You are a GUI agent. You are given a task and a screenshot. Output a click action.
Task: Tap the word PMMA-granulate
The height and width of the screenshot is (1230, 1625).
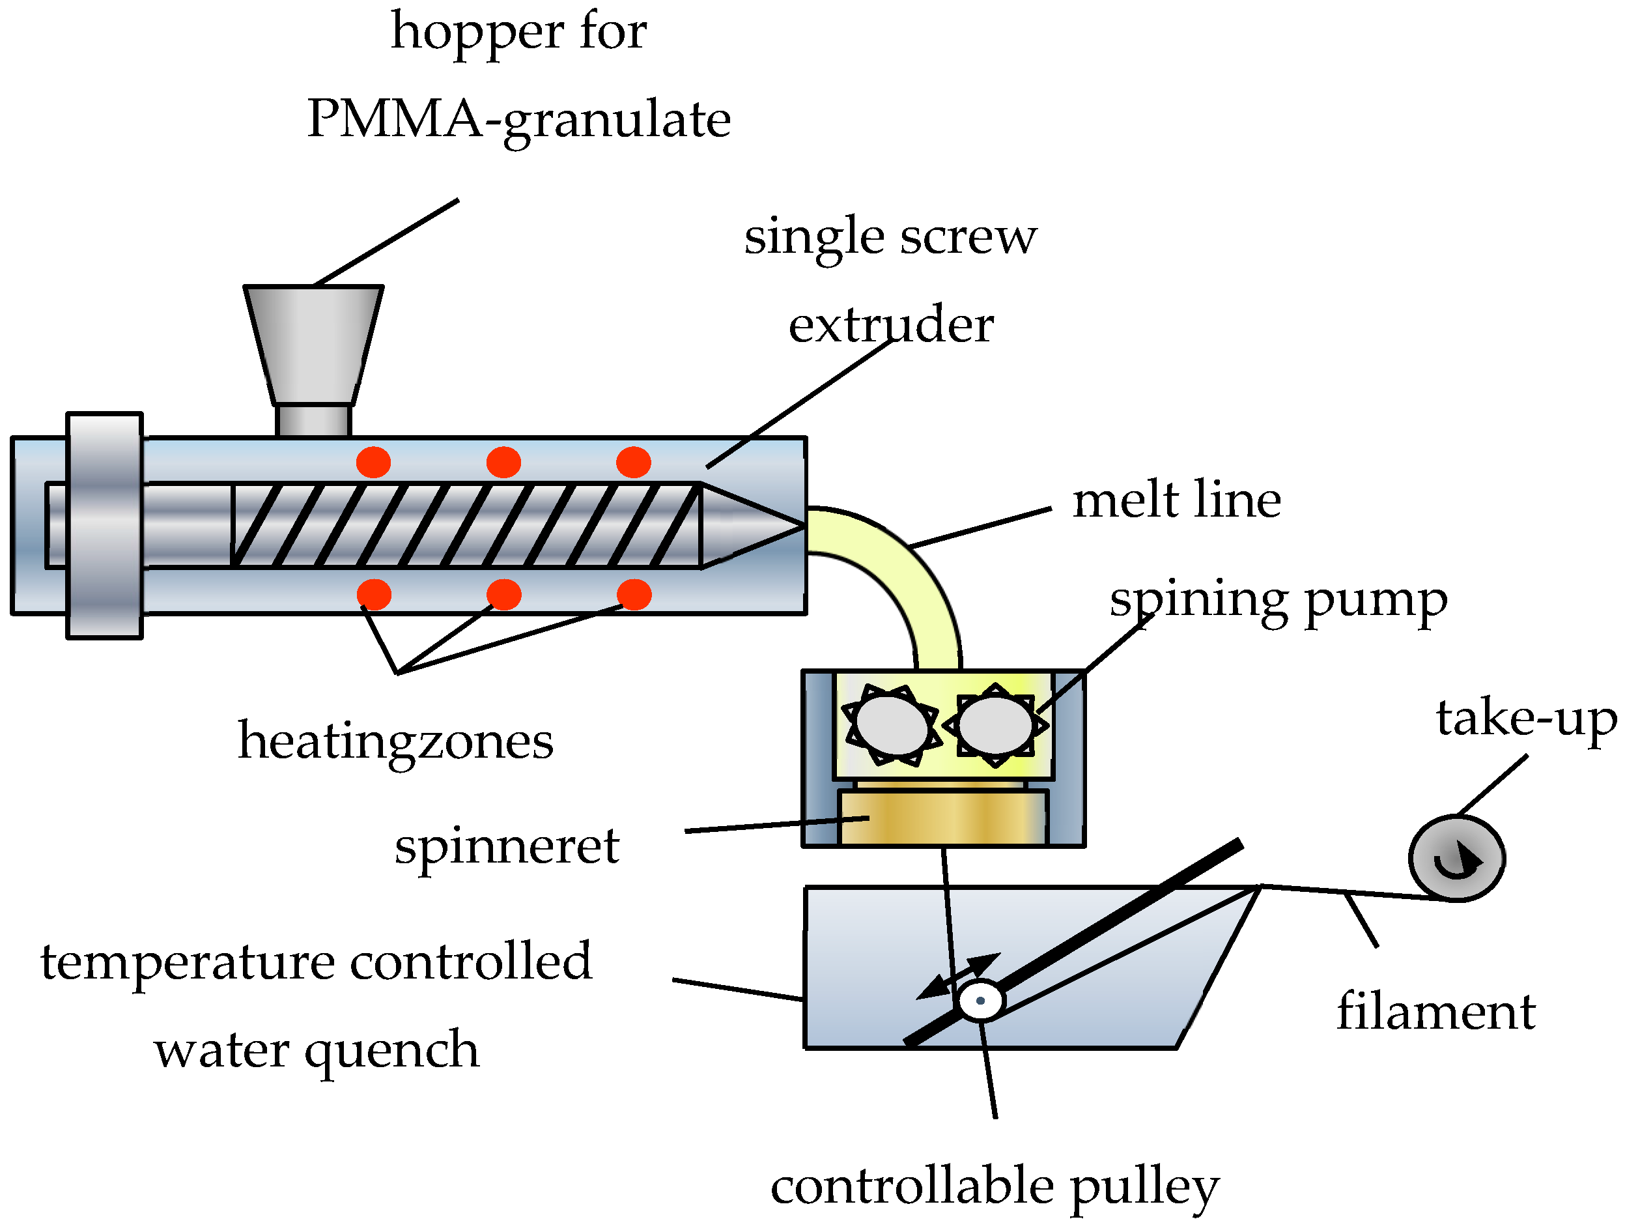pyautogui.click(x=518, y=120)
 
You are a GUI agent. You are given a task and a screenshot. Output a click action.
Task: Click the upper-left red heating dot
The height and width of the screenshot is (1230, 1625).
pyautogui.click(x=373, y=462)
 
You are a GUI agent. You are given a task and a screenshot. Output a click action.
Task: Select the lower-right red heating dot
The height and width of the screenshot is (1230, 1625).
pyautogui.click(x=634, y=594)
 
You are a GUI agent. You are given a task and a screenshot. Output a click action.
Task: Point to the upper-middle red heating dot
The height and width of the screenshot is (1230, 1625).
pyautogui.click(x=503, y=462)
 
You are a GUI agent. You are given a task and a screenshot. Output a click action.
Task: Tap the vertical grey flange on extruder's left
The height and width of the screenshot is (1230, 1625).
pyautogui.click(x=104, y=525)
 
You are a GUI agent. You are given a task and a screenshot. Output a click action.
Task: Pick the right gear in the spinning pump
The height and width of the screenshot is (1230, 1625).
pyautogui.click(x=995, y=725)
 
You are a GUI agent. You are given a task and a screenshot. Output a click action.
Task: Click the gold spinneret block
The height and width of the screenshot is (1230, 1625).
pyautogui.click(x=942, y=818)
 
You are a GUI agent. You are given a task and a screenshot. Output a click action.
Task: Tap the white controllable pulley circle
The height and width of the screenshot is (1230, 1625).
pyautogui.click(x=981, y=1000)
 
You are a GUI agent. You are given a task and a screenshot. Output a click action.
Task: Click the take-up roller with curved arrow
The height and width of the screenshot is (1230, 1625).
pyautogui.click(x=1457, y=858)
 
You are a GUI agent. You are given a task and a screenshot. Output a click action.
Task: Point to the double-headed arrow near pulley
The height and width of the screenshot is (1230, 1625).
pyautogui.click(x=959, y=977)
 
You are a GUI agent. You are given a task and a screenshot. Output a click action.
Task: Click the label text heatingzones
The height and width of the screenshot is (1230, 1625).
pyautogui.click(x=395, y=741)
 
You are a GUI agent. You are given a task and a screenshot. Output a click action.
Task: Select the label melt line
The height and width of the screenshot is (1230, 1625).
pyautogui.click(x=1176, y=500)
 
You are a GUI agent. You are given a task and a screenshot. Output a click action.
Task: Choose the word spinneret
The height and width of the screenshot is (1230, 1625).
pyautogui.click(x=507, y=846)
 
